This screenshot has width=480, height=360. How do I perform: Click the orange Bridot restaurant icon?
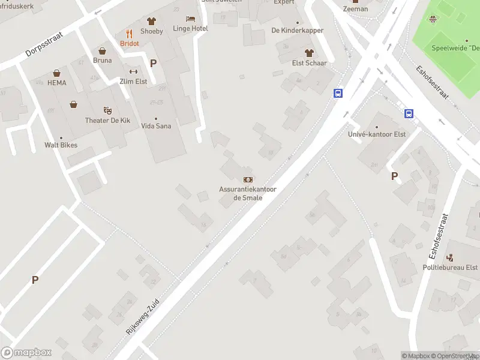click(129, 34)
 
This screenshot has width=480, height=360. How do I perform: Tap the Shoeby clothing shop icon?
click(151, 21)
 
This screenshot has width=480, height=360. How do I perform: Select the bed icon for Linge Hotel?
click(190, 19)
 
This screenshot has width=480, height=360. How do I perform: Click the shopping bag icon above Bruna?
click(102, 50)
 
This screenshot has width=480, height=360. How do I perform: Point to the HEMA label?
click(56, 82)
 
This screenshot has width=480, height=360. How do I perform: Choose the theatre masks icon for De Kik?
click(107, 110)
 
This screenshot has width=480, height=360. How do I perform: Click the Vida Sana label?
click(156, 126)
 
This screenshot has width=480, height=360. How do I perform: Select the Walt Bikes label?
click(61, 145)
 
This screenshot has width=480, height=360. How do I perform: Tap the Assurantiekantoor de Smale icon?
click(247, 179)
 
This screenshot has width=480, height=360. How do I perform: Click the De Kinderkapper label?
click(298, 31)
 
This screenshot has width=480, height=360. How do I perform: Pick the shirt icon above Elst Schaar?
click(308, 53)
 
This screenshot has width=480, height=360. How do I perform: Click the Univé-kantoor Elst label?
click(377, 134)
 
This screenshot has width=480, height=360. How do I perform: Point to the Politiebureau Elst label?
click(450, 268)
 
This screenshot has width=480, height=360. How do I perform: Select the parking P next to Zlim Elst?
click(153, 63)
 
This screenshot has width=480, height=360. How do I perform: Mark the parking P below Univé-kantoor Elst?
click(394, 176)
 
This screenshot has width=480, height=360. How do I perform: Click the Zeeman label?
click(355, 10)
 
